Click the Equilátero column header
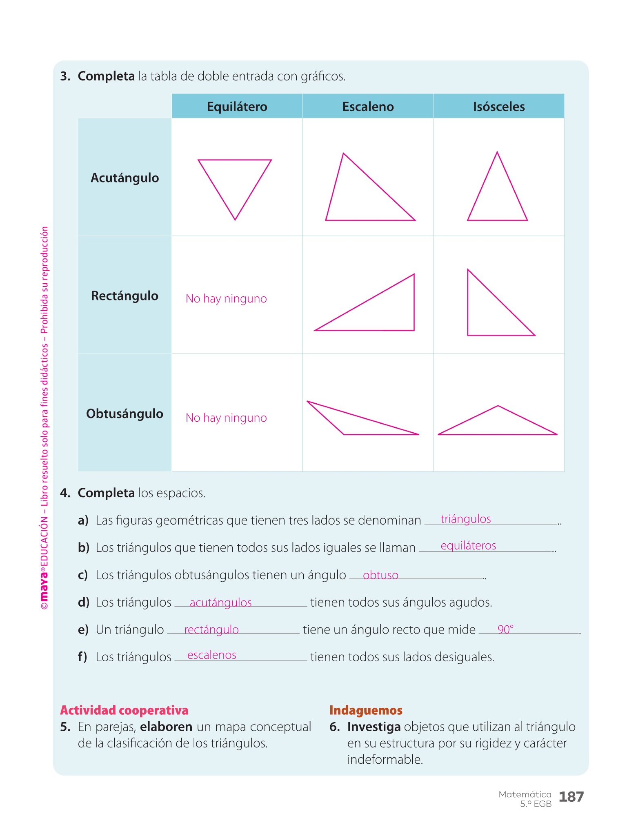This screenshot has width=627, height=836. (237, 107)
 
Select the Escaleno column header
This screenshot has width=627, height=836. (368, 107)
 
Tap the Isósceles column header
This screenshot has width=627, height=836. (499, 107)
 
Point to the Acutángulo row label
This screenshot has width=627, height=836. (125, 178)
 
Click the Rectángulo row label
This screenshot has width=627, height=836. (125, 296)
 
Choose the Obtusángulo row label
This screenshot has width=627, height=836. (125, 414)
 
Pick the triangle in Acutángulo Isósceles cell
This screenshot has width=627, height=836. (497, 196)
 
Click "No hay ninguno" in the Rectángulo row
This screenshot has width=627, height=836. (226, 299)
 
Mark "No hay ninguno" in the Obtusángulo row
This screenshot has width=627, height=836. (226, 418)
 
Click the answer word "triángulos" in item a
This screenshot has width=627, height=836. (466, 519)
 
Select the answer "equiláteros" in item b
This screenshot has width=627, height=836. (468, 546)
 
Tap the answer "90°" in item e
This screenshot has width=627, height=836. (505, 629)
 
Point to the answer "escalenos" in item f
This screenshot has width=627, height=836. (211, 655)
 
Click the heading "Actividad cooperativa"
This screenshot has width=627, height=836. (124, 710)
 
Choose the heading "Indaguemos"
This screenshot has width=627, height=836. (366, 710)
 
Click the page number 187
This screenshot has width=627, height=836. (571, 796)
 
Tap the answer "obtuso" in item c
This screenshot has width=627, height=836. (380, 575)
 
